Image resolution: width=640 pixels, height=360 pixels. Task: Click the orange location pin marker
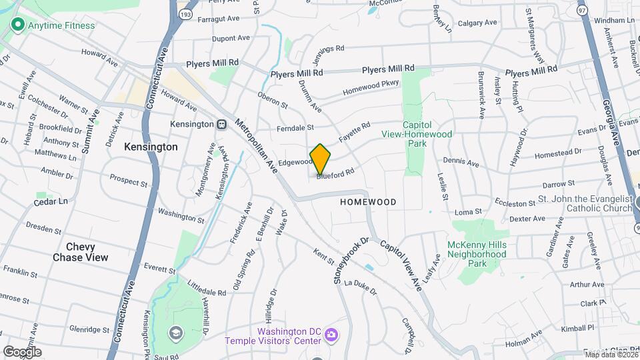320,159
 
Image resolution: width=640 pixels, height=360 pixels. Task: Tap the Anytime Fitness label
61,26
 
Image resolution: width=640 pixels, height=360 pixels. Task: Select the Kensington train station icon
221,125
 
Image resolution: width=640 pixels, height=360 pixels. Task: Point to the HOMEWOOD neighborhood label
368,201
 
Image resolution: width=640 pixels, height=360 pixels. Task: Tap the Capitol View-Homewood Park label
427,134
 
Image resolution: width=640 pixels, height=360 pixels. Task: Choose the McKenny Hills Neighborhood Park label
477,254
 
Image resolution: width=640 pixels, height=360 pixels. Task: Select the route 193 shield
185,13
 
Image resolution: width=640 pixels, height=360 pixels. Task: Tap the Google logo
22,351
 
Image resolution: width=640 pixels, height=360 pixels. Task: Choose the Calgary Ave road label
477,23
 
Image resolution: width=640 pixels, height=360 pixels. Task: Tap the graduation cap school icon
175,333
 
